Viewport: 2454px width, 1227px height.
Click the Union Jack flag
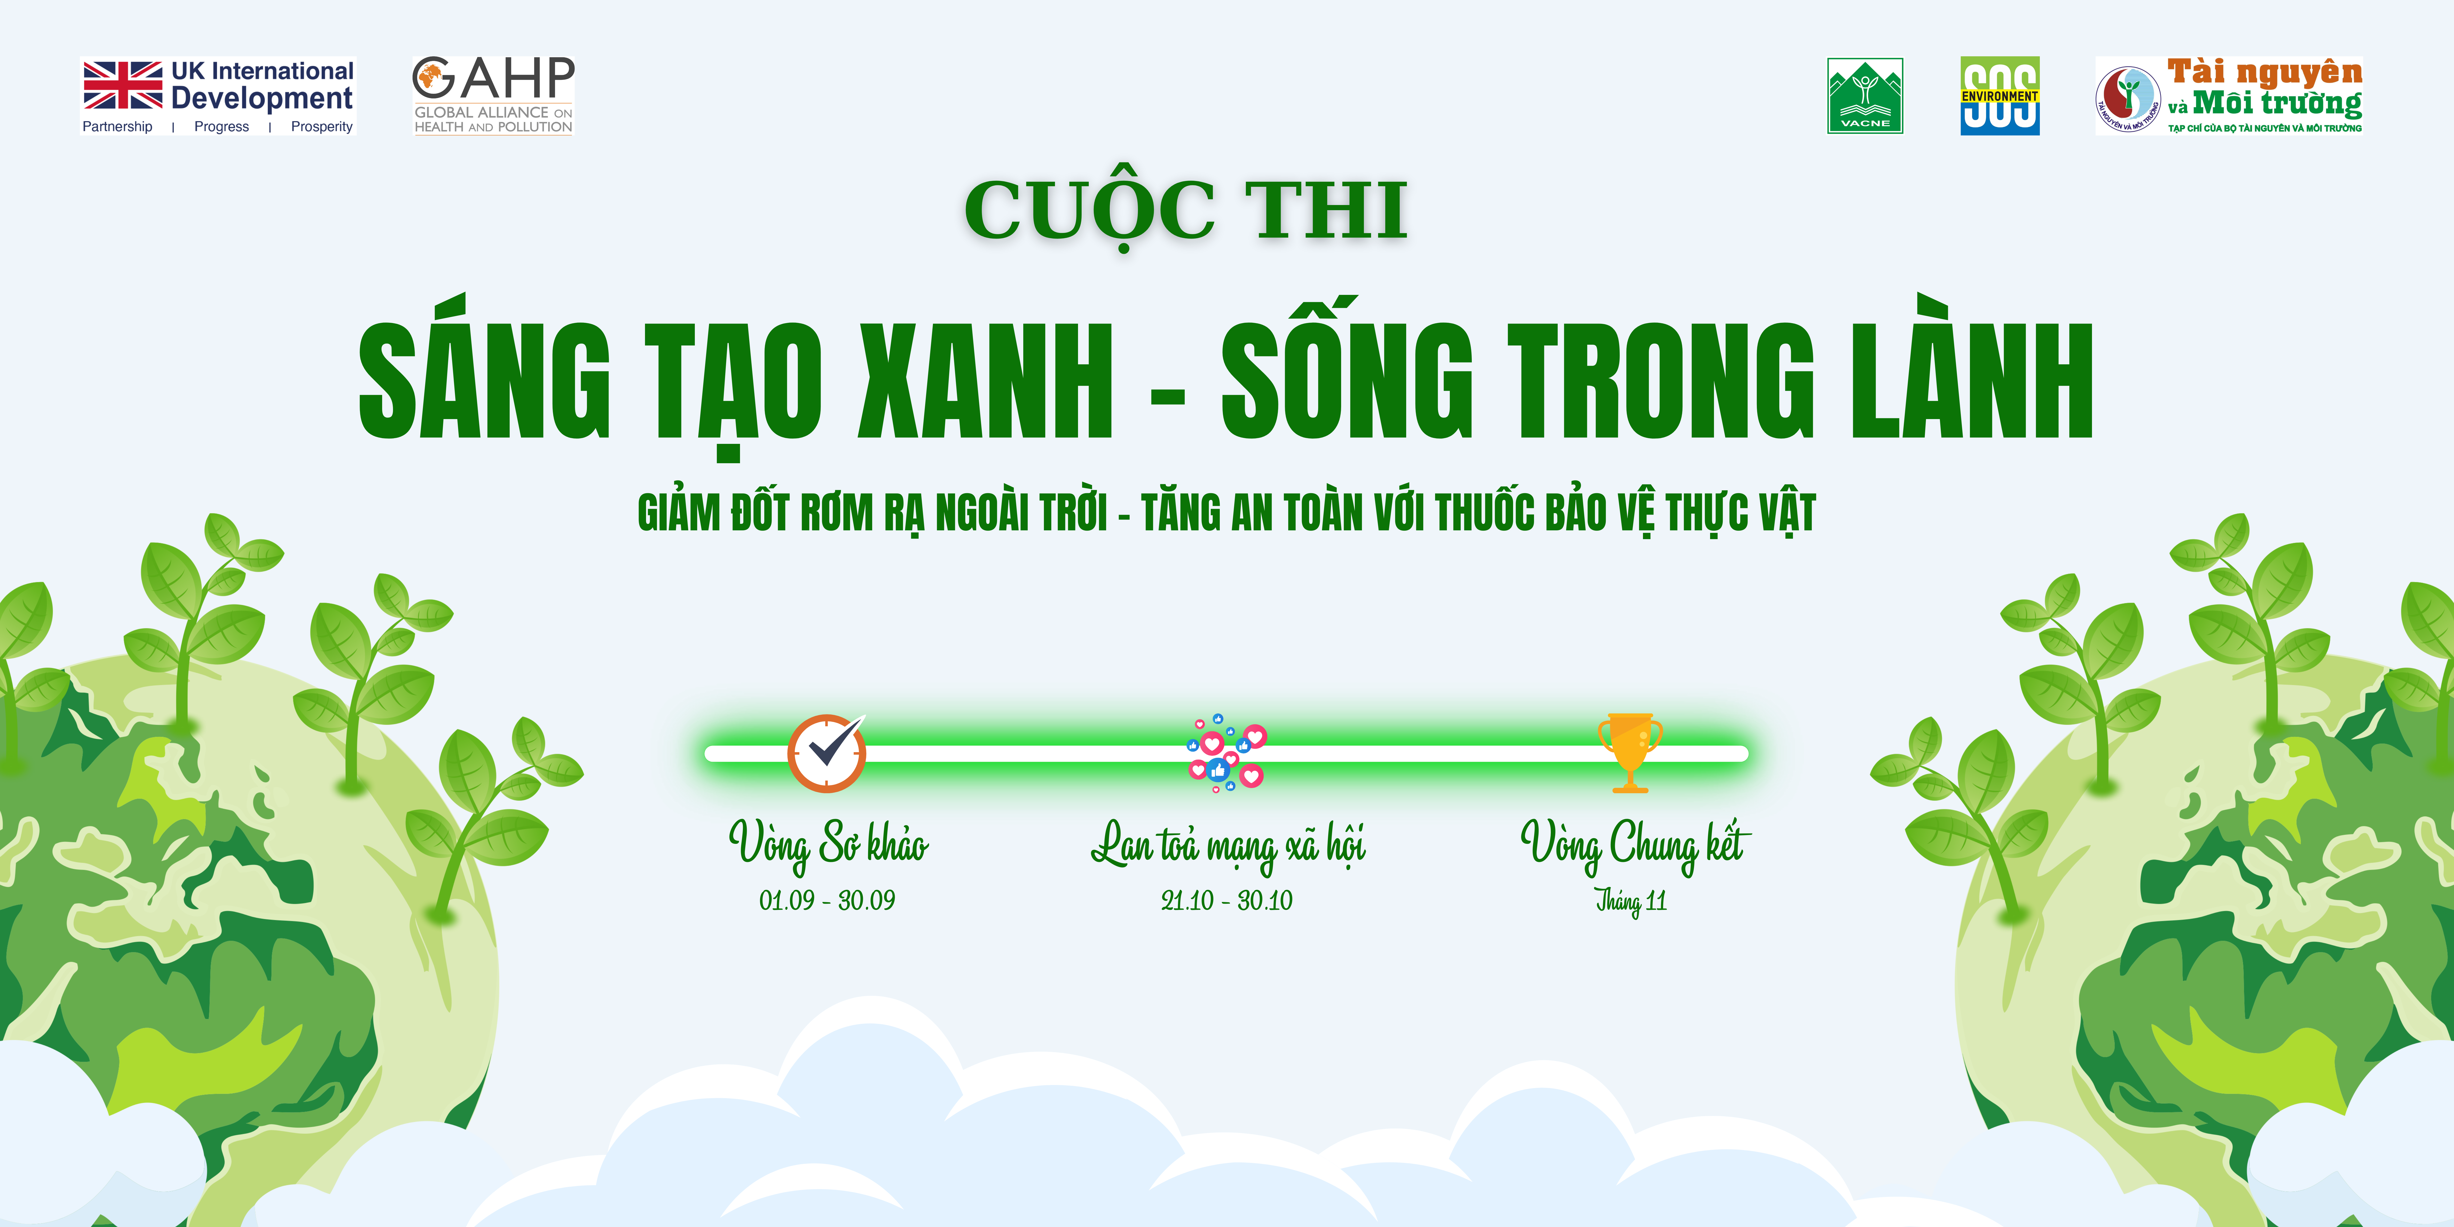click(123, 85)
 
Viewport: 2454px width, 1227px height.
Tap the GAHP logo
click(492, 95)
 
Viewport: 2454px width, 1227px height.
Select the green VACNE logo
click(1864, 96)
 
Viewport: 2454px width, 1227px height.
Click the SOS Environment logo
click(2000, 95)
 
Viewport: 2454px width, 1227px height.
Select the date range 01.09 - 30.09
click(827, 900)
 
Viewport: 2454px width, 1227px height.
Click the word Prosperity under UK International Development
click(322, 127)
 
